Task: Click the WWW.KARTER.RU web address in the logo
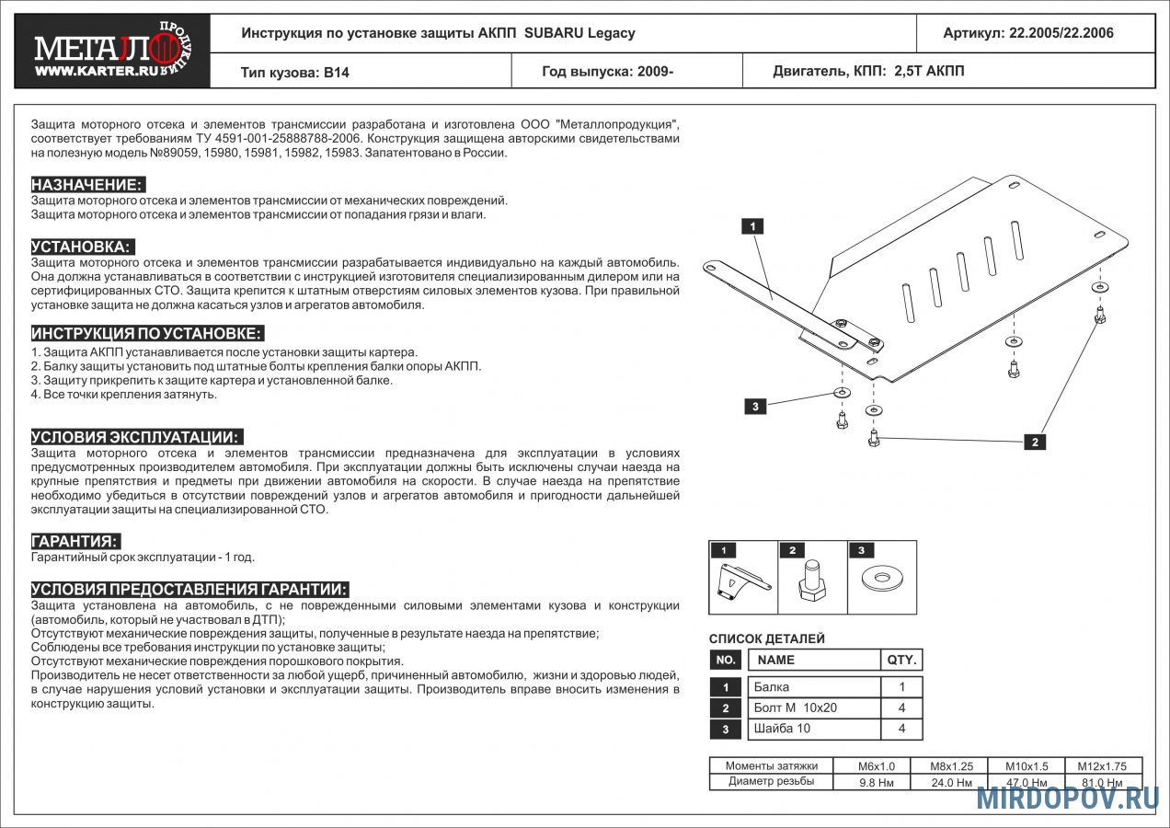pos(97,71)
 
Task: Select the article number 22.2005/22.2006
pos(1061,33)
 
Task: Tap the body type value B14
pos(337,72)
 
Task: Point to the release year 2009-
pos(655,71)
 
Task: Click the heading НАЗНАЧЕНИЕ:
pos(87,184)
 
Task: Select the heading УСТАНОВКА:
pos(82,247)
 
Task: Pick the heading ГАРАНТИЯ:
pos(75,541)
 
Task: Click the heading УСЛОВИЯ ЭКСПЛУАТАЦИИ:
pos(136,437)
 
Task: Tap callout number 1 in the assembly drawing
pos(752,226)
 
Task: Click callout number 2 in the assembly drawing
pos(1035,442)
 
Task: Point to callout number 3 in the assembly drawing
pos(755,407)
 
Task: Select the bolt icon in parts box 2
pos(812,580)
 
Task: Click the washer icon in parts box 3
pos(883,578)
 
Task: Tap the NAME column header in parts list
pos(775,660)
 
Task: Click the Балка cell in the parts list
pos(772,687)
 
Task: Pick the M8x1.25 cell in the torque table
pos(951,766)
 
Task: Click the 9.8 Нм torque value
pos(877,783)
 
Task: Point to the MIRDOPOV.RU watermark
pos(1068,799)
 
